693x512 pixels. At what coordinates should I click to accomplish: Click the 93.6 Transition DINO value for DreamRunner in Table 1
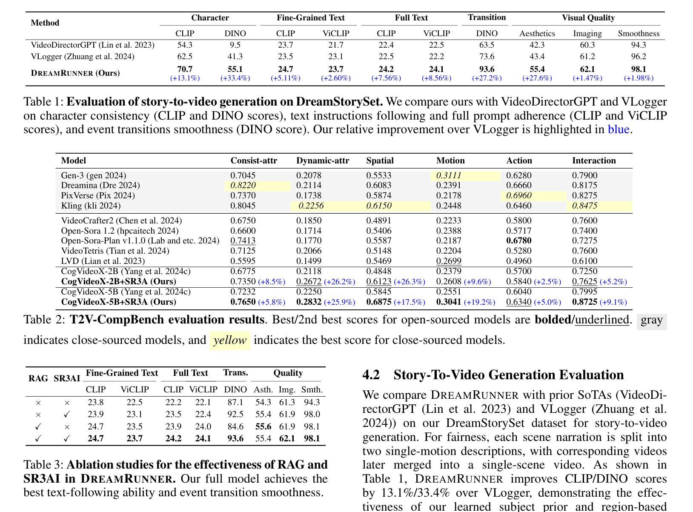487,69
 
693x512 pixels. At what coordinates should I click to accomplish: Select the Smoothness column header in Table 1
639,34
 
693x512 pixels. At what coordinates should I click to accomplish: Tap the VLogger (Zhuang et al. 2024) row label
83,57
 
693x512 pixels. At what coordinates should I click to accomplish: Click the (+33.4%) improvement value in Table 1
235,78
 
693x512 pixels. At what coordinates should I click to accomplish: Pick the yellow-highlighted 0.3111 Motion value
449,175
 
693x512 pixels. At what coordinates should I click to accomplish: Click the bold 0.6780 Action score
518,241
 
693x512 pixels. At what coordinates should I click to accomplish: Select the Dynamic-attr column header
323,161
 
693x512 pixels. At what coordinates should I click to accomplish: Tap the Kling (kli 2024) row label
91,206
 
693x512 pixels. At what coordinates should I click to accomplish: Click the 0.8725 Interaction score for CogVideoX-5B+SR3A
584,302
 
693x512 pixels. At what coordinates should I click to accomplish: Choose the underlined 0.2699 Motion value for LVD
449,261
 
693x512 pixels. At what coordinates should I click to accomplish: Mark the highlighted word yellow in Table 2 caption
230,340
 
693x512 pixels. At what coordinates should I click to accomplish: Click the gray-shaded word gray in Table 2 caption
651,320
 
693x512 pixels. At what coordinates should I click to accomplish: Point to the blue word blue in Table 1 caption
619,129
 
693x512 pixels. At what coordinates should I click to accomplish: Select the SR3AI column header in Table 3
67,379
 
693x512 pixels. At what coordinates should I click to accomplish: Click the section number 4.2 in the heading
371,375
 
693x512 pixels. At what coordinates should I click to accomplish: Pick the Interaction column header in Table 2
594,161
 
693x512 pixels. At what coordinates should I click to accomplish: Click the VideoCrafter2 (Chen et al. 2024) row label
121,221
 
